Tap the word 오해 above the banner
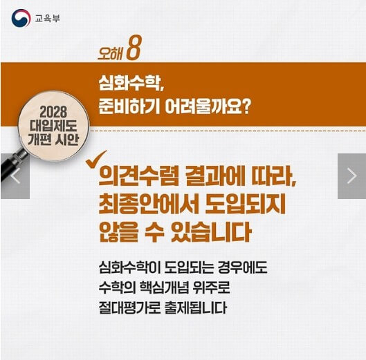click(x=113, y=53)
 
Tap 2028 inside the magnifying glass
click(x=55, y=110)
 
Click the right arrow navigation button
click(x=351, y=176)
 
